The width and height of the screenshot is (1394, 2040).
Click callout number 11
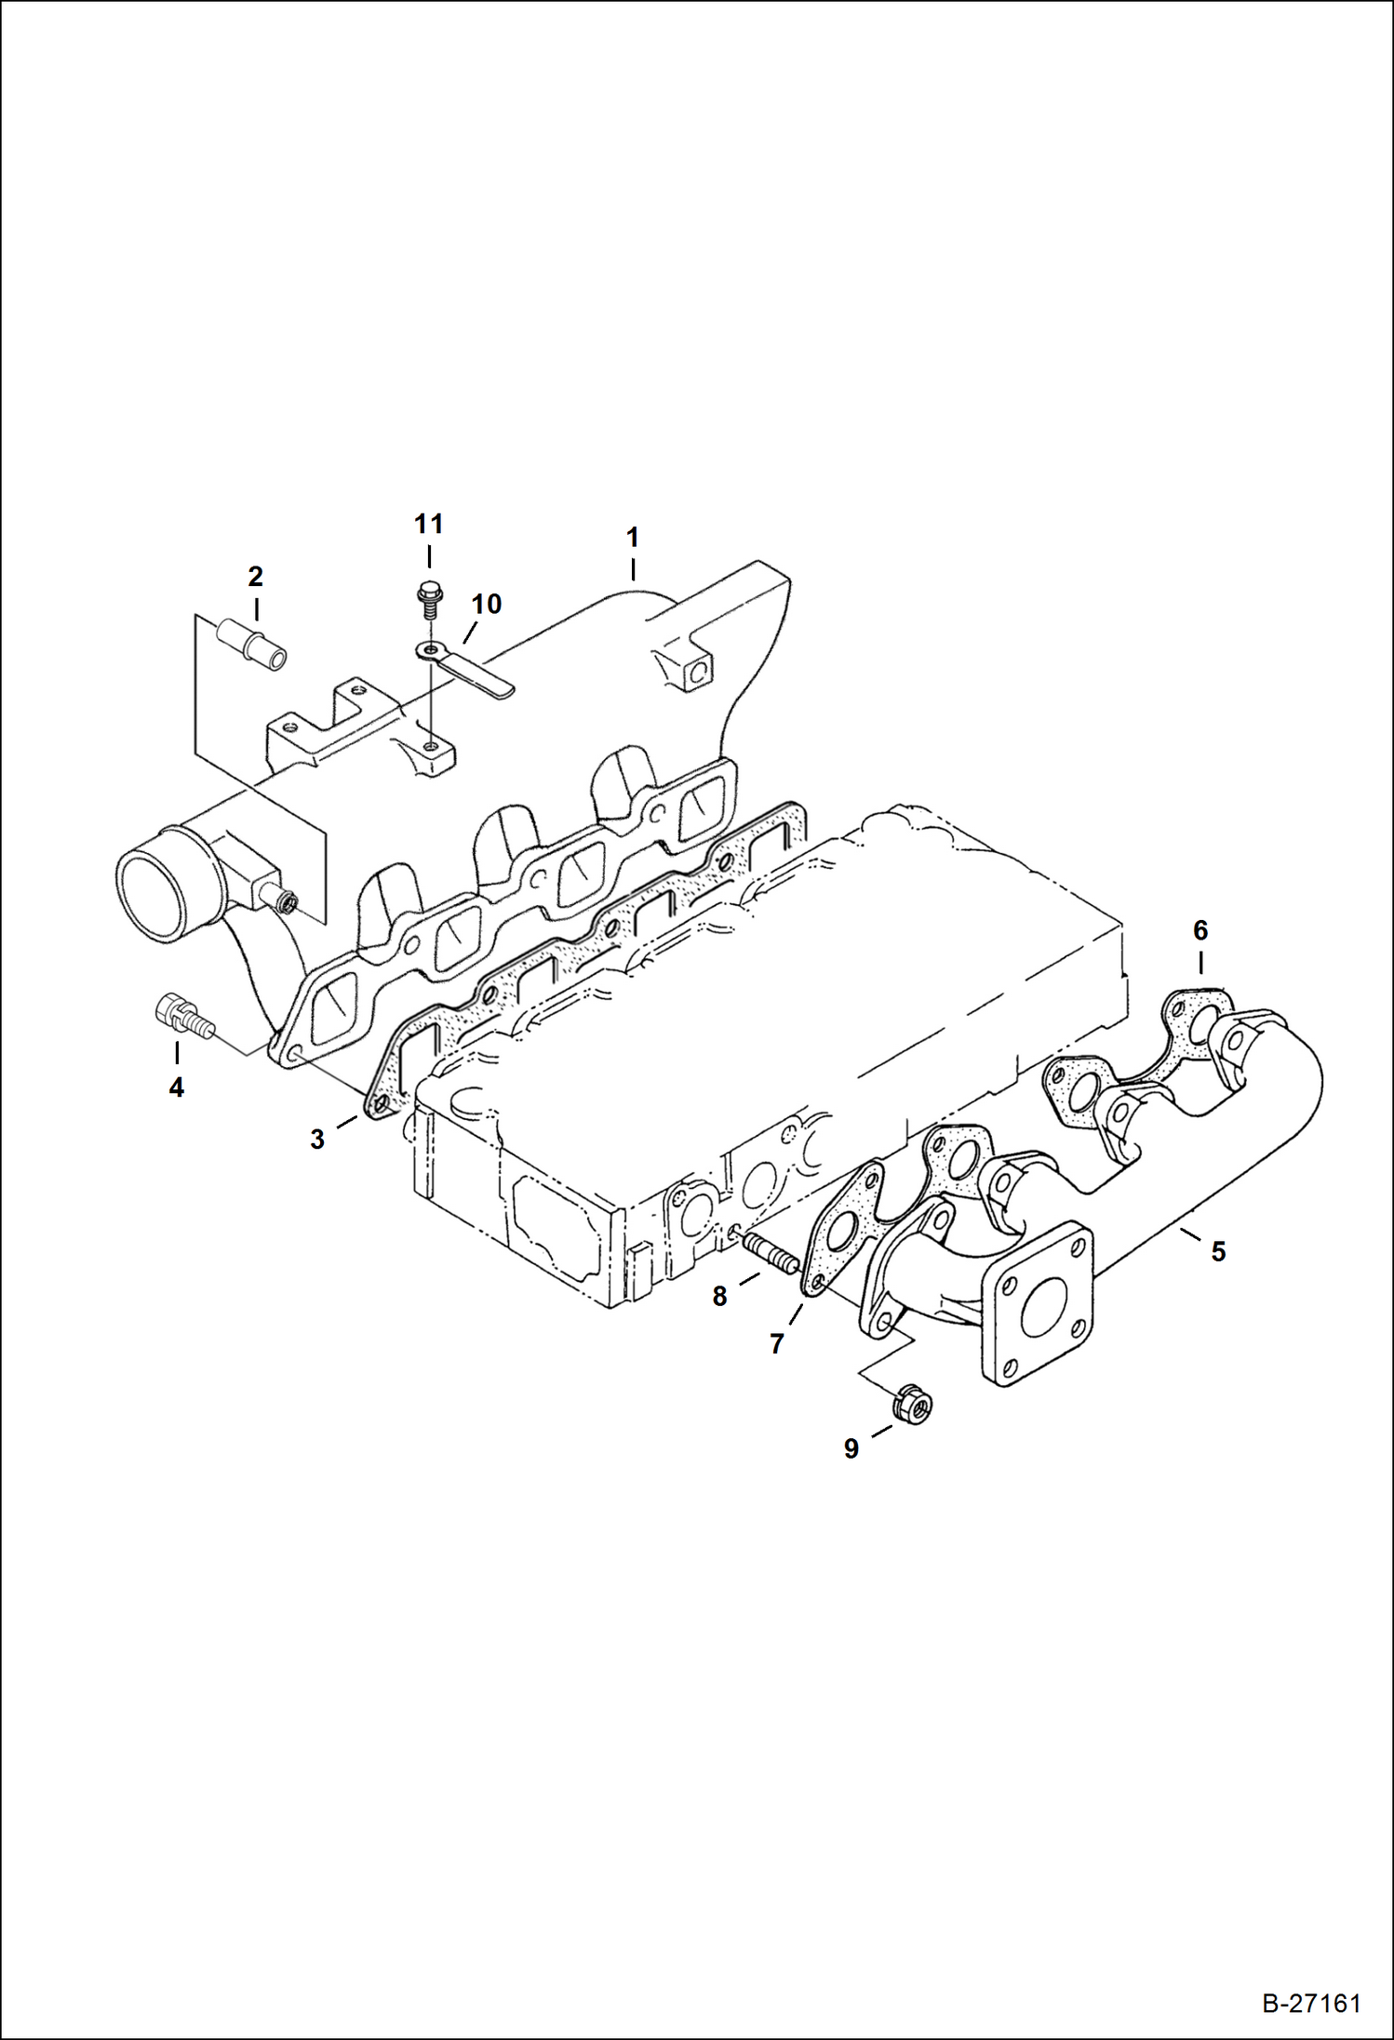[428, 525]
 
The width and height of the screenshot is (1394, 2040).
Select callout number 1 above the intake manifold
[633, 538]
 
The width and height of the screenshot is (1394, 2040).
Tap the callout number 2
[255, 577]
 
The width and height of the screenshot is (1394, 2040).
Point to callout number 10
[486, 605]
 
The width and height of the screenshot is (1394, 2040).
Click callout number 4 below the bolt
[176, 1087]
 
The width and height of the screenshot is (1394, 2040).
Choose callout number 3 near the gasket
[317, 1140]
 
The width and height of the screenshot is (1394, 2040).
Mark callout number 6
[1200, 930]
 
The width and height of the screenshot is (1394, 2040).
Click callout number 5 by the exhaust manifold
[1218, 1251]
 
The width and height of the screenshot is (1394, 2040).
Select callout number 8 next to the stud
[719, 1296]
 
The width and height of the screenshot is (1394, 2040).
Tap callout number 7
[777, 1343]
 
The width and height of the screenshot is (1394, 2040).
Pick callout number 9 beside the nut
[851, 1448]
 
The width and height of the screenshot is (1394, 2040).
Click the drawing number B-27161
[1311, 2003]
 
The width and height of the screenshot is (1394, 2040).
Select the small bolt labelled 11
[429, 598]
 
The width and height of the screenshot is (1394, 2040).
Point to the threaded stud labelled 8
[769, 1253]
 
